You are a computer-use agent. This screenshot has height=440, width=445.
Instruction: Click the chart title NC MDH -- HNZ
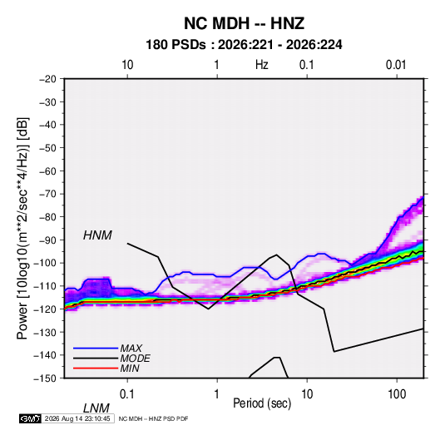[x=244, y=23]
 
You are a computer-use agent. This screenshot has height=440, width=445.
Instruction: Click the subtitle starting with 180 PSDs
[x=244, y=45]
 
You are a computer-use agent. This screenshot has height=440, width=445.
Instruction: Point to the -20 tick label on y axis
[x=47, y=79]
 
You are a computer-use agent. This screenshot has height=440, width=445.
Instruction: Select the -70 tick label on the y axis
[x=47, y=194]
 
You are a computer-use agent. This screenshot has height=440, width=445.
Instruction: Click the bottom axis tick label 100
[x=397, y=394]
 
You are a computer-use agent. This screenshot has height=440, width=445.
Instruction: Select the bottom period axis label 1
[x=217, y=394]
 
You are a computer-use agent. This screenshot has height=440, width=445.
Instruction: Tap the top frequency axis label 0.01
[x=396, y=65]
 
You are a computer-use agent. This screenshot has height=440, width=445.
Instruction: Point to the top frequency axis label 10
[x=127, y=65]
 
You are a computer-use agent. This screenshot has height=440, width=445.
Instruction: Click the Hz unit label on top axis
[x=262, y=65]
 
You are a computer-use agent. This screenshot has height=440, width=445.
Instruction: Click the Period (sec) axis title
[x=262, y=403]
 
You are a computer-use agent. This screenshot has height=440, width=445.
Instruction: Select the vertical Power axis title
[x=22, y=229]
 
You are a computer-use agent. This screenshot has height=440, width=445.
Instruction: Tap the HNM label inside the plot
[x=97, y=235]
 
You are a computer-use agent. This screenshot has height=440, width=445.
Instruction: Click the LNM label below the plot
[x=96, y=408]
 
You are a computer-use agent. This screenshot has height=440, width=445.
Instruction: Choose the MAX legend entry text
[x=131, y=349]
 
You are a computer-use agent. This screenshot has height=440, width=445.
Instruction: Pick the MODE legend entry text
[x=135, y=358]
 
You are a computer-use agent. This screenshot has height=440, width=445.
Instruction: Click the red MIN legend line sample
[x=96, y=368]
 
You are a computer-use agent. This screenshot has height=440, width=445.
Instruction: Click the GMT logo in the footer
[x=30, y=418]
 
